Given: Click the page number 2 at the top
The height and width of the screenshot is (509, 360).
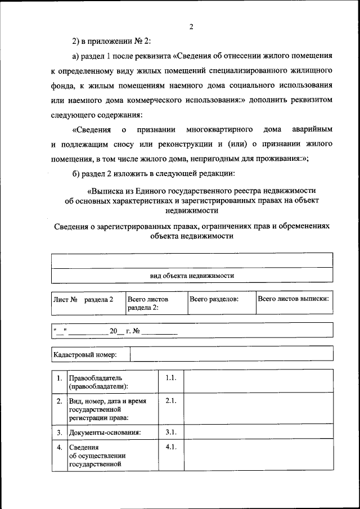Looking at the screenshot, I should click(x=191, y=26).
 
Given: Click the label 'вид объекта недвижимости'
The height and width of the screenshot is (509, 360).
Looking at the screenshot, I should click(x=191, y=276).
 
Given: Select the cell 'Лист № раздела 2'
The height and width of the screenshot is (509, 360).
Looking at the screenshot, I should click(x=83, y=299).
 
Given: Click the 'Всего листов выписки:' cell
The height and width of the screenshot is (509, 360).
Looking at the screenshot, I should click(x=293, y=299).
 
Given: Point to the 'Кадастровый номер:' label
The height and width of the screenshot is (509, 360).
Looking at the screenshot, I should click(x=85, y=354).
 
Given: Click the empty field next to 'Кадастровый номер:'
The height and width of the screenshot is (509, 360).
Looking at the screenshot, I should click(x=231, y=354).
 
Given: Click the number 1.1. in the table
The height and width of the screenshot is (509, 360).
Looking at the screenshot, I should click(x=171, y=379).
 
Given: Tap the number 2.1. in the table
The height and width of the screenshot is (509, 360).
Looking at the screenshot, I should click(x=171, y=402).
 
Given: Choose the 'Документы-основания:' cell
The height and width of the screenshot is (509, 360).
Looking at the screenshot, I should click(x=105, y=433).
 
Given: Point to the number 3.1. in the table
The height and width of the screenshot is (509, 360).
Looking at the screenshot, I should click(x=171, y=433).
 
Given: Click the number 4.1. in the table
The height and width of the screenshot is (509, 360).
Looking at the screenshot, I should click(x=171, y=447).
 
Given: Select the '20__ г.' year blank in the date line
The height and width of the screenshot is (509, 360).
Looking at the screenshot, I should click(x=119, y=331).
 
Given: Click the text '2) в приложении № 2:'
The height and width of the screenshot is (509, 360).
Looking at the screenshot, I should click(x=111, y=42).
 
